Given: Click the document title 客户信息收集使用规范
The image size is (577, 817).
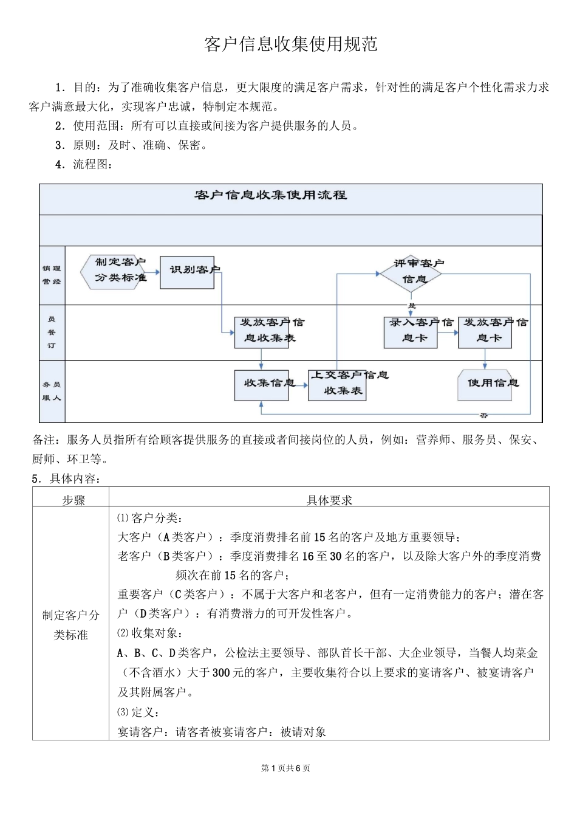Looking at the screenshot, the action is click(x=291, y=44).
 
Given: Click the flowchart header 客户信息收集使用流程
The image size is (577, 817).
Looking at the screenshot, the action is click(x=270, y=195).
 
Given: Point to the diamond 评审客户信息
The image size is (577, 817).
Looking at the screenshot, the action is click(x=411, y=272).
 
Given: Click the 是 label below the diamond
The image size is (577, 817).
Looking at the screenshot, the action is click(x=412, y=305).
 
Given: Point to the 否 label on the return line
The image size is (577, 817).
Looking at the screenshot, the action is click(x=483, y=416).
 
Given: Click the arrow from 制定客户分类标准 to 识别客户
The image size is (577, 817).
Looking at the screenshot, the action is click(x=154, y=272).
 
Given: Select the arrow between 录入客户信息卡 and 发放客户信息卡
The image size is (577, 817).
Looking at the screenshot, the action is click(x=448, y=332).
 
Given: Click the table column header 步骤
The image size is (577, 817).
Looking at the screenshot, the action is click(x=73, y=500).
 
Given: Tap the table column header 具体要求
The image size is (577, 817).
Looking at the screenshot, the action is click(x=329, y=500).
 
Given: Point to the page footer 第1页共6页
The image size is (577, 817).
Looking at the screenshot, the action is click(x=285, y=768).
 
